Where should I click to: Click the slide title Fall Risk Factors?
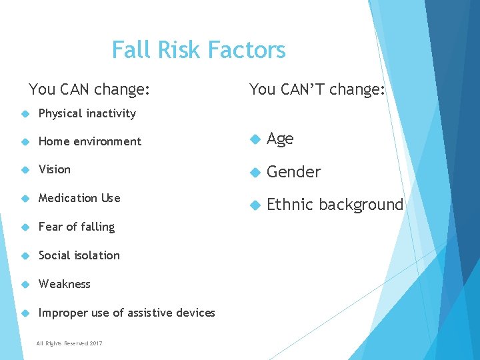199,50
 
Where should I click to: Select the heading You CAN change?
89,89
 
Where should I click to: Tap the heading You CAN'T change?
317,89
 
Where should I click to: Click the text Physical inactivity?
87,113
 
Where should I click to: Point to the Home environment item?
90,141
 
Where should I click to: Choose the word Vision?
55,169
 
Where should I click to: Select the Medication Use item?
79,198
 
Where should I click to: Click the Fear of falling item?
77,227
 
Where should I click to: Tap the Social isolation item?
79,255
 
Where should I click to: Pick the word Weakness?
65,284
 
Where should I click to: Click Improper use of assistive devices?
127,313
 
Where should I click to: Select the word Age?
280,139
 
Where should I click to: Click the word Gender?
294,172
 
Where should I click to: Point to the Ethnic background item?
335,205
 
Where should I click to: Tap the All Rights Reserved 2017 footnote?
70,343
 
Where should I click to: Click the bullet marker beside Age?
253,139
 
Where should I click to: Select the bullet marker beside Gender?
253,173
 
